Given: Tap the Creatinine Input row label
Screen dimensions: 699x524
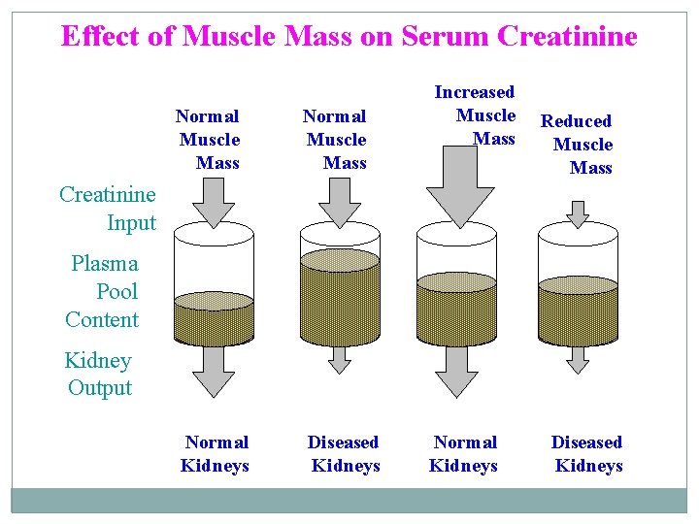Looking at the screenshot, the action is click(108, 208).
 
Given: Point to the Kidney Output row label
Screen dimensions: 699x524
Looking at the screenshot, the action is click(98, 374).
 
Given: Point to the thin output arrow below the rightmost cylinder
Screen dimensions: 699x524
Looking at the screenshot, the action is click(579, 359).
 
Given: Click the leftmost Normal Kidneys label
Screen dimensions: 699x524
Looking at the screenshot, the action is click(216, 453).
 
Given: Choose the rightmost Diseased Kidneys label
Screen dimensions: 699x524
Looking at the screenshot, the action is click(587, 453).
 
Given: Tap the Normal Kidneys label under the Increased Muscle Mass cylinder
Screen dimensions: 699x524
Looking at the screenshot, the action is click(464, 453).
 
